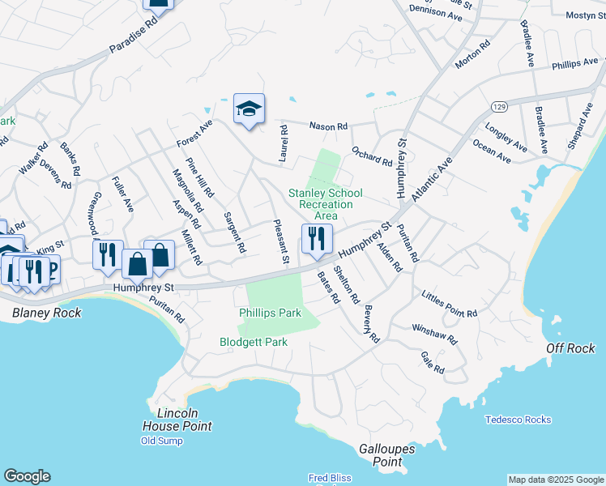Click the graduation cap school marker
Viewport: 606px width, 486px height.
(250, 109)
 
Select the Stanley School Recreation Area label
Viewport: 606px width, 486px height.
(326, 204)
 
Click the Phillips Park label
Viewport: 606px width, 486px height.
(270, 313)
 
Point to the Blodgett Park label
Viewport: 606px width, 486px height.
(254, 342)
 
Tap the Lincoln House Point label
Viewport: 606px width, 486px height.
(177, 420)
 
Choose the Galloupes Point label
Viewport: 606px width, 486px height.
(386, 455)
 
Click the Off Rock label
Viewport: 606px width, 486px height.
(570, 348)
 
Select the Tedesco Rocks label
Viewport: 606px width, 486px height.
(518, 420)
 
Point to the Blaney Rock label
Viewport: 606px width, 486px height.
(46, 313)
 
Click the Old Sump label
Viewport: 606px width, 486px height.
(161, 441)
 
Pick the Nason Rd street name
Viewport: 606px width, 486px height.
(328, 126)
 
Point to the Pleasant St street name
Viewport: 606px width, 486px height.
(280, 242)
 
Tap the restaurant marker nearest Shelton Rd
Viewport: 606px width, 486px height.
(317, 239)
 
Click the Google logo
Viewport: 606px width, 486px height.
(27, 476)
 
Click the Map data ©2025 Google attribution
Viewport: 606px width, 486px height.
(555, 480)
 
